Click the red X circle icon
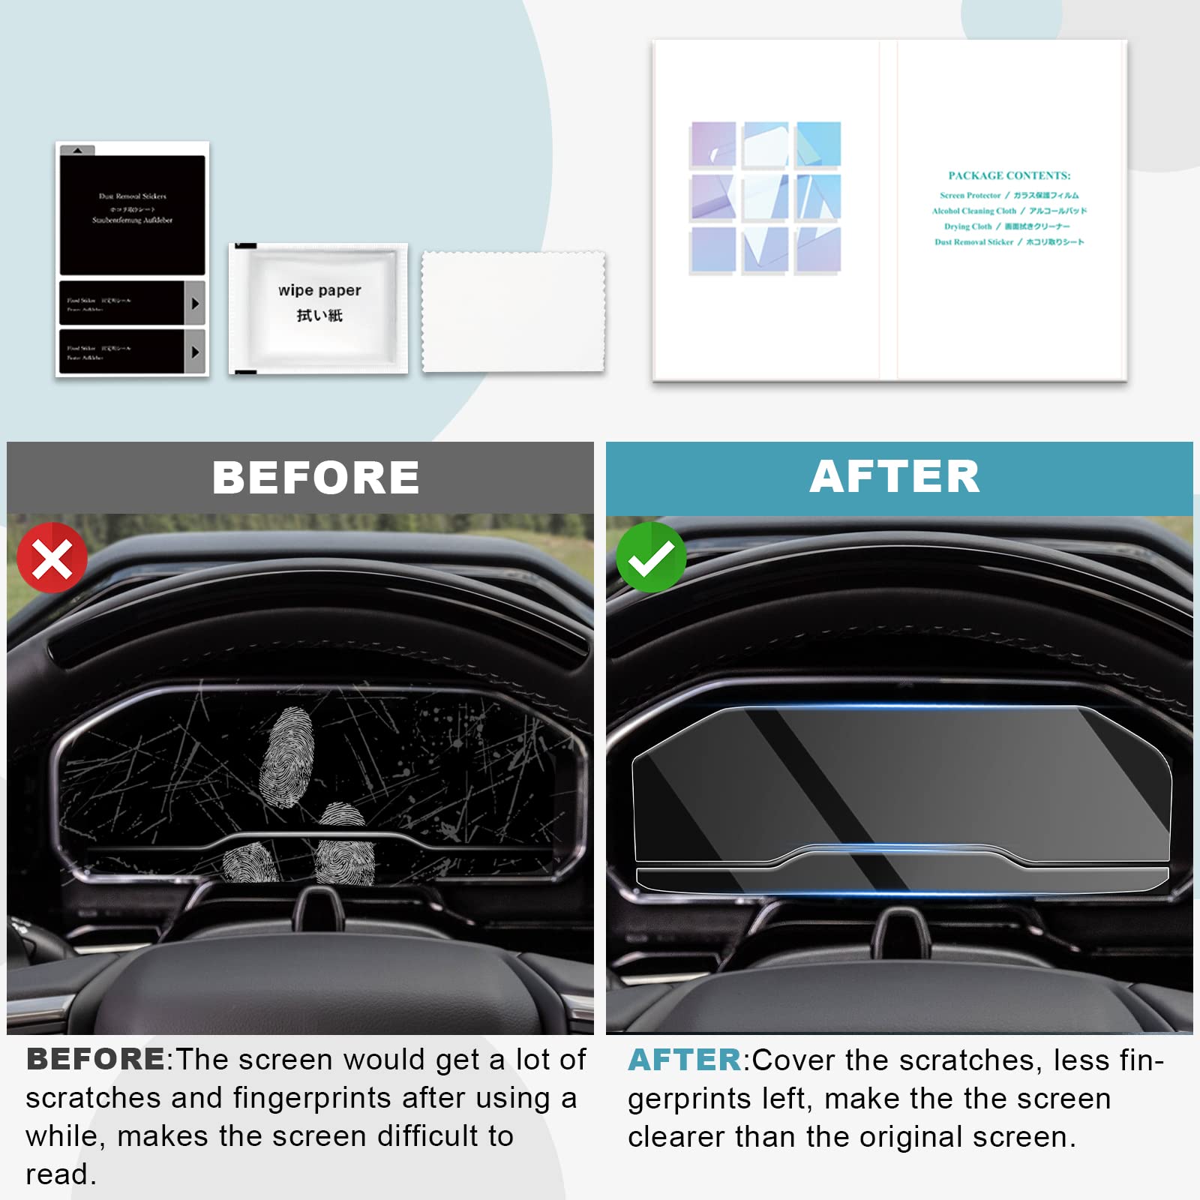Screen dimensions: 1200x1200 (x=52, y=558)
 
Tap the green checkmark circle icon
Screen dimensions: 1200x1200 (x=650, y=557)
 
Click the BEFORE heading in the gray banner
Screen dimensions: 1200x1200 (x=316, y=478)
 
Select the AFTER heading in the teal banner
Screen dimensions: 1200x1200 (x=895, y=476)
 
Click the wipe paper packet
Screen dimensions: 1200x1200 (x=319, y=307)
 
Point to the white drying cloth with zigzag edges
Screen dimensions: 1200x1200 (x=513, y=311)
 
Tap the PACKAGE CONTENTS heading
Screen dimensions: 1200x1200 (x=1009, y=175)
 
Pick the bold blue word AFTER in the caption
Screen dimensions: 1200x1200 (x=685, y=1060)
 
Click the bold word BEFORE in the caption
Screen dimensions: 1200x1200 (x=95, y=1059)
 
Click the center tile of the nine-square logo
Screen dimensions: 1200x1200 (x=765, y=197)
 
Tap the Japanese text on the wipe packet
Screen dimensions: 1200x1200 (x=319, y=316)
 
